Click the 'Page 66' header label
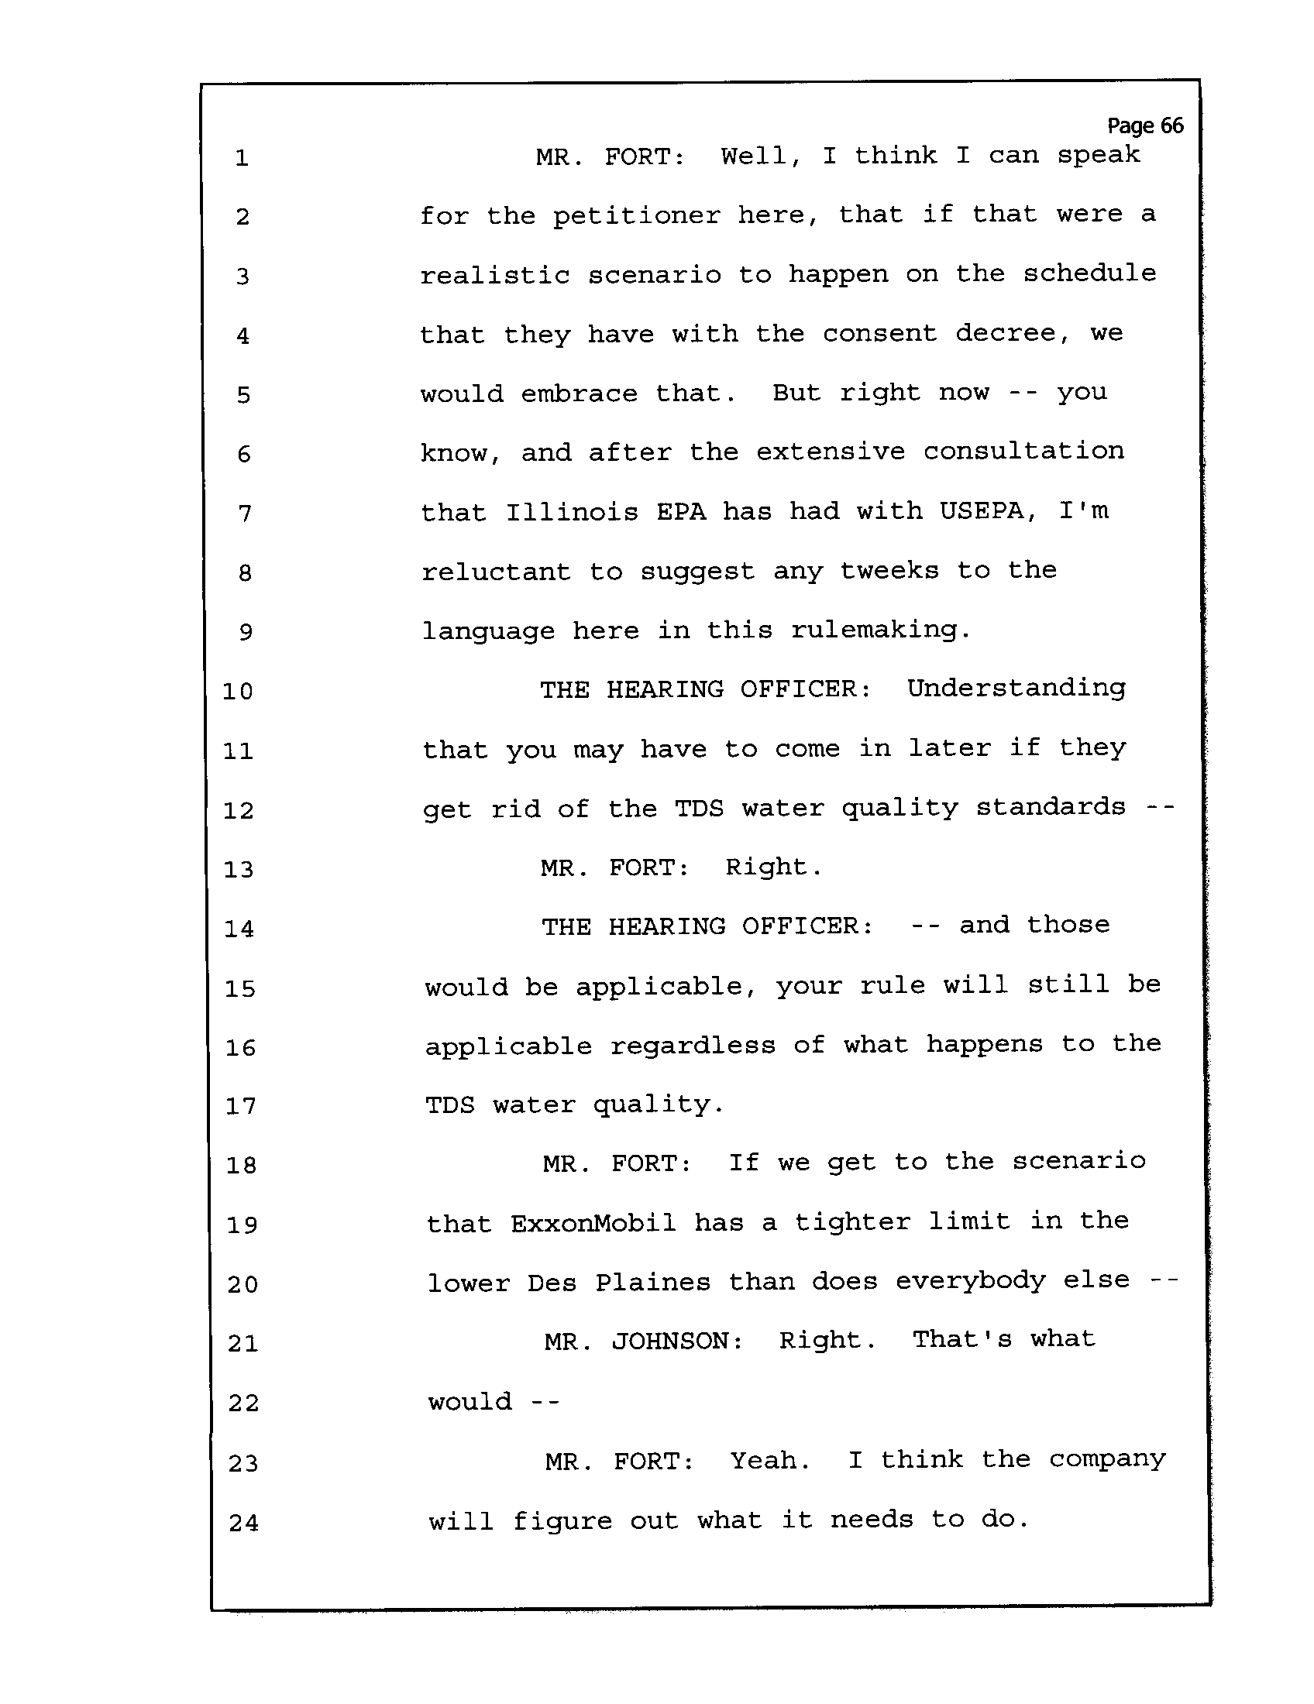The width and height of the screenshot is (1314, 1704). (x=1144, y=125)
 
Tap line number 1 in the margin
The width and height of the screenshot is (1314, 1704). (x=242, y=158)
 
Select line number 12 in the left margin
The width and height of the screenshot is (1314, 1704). (x=239, y=811)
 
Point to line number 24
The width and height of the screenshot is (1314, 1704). (x=243, y=1522)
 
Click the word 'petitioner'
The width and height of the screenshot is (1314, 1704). (x=637, y=216)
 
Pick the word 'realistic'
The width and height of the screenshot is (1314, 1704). (x=495, y=276)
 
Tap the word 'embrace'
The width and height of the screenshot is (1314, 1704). (x=579, y=393)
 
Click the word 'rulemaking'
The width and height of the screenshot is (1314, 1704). (x=881, y=630)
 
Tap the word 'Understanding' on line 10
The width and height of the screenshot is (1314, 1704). (x=1016, y=689)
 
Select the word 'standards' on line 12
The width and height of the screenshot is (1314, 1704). (x=1051, y=808)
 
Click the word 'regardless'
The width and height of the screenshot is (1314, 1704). (x=693, y=1046)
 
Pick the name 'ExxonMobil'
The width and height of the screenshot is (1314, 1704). (x=593, y=1222)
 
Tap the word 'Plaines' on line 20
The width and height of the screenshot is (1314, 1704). (x=653, y=1282)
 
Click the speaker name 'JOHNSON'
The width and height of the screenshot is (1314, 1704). (x=676, y=1342)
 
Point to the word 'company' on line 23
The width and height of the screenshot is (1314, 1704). (x=1107, y=1460)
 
